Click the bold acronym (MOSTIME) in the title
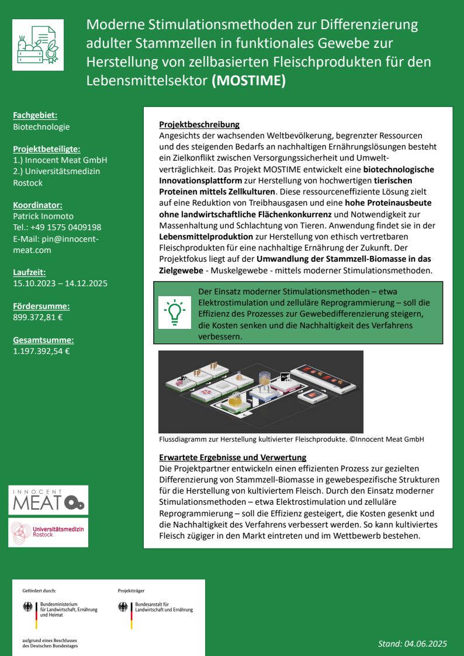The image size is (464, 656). (x=248, y=81)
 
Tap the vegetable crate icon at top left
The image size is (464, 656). (x=38, y=44)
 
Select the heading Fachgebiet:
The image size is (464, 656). (x=35, y=116)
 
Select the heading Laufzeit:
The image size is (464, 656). (x=29, y=272)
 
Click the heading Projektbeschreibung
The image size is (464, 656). (x=199, y=124)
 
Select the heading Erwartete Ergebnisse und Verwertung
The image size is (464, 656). (x=233, y=457)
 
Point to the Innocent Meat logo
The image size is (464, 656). (x=49, y=500)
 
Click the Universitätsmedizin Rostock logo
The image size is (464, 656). (x=49, y=532)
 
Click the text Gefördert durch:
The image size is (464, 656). (x=39, y=591)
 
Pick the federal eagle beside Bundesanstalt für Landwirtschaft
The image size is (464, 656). (x=123, y=607)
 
